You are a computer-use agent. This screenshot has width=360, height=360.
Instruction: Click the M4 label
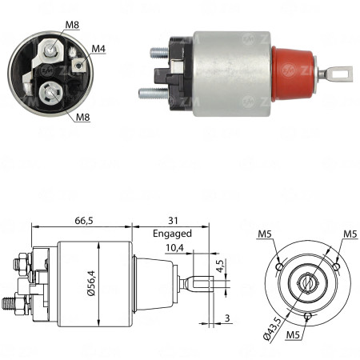[98, 50]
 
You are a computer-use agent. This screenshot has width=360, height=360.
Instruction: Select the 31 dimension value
[173, 220]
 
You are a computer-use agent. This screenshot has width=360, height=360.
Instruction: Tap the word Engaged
[172, 234]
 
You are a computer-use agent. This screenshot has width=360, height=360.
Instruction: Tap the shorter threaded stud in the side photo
[158, 54]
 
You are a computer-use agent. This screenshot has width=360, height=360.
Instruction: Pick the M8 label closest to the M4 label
[72, 25]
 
